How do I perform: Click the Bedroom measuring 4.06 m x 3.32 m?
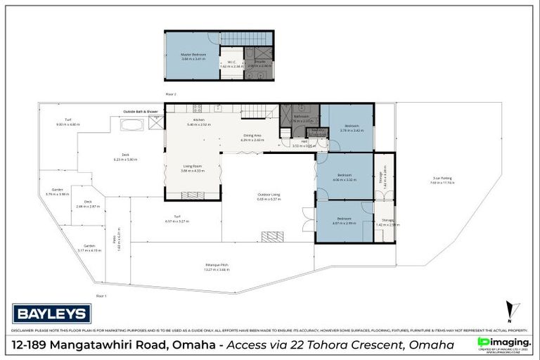click(344, 176)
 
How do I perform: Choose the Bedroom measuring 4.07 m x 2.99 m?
click(344, 220)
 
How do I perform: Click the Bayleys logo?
click(51, 313)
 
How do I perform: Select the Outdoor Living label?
click(269, 196)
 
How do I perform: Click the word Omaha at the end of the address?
click(435, 345)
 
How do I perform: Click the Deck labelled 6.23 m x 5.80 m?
click(125, 159)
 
